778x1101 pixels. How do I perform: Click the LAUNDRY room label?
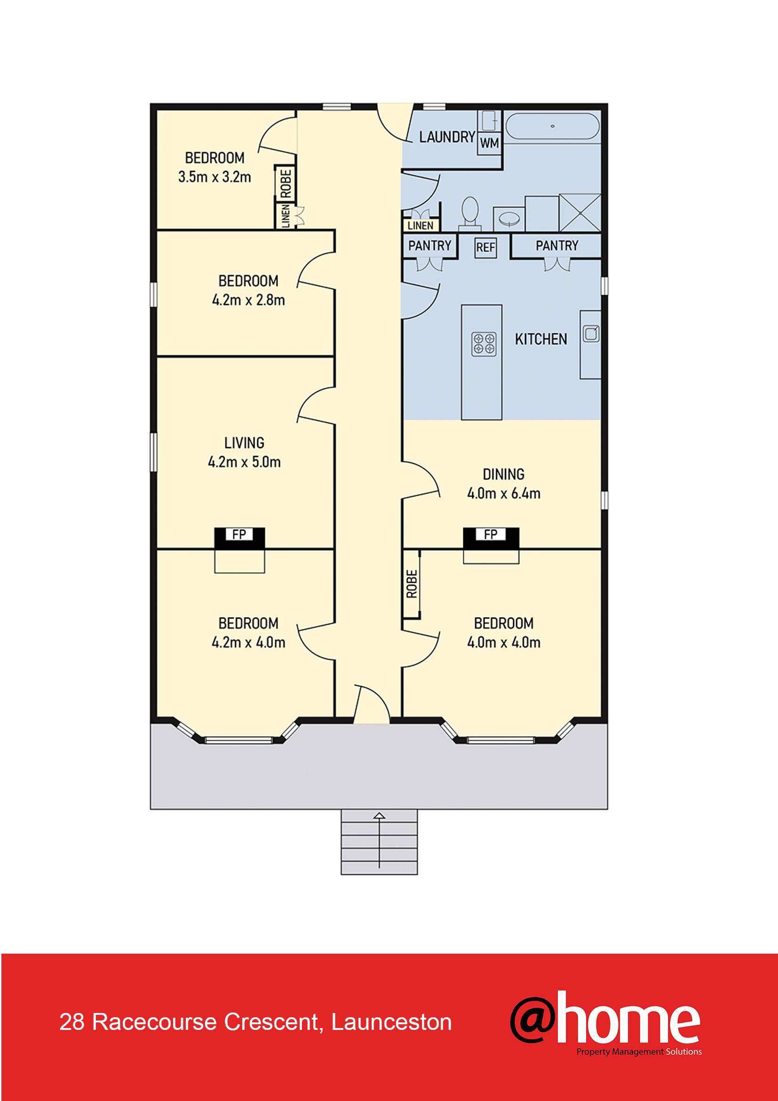(x=447, y=137)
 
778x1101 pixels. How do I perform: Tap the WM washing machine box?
(x=489, y=143)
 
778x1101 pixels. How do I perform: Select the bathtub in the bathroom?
(x=552, y=126)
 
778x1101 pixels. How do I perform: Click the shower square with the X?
(x=580, y=212)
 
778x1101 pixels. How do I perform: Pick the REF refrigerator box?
(x=485, y=248)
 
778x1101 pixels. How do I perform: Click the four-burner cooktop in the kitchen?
(x=484, y=344)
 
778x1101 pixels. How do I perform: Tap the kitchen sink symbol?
(x=591, y=333)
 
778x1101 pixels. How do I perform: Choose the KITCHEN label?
(x=541, y=339)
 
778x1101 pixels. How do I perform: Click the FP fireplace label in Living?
(x=239, y=534)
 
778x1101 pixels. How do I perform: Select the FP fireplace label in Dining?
(x=490, y=534)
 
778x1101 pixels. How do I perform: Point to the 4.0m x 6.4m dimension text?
(x=503, y=493)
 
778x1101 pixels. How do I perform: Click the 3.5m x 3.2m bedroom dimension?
(x=214, y=177)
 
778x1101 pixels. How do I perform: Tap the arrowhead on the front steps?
(x=380, y=815)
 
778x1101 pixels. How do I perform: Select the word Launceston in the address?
(x=391, y=1022)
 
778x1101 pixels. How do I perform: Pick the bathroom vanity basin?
(x=509, y=219)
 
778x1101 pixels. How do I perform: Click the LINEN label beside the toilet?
(x=420, y=225)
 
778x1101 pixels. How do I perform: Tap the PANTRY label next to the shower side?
(x=556, y=246)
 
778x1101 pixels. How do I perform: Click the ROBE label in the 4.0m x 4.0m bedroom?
(x=412, y=584)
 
